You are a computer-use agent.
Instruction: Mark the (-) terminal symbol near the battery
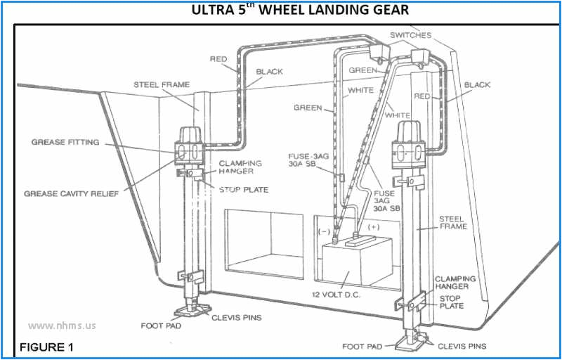pos(325,230)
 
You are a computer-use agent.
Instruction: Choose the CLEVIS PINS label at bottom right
pos(462,347)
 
